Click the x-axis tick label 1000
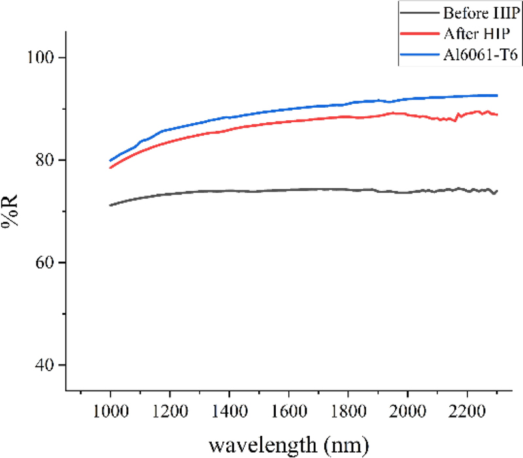(x=110, y=415)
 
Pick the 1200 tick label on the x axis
(x=169, y=415)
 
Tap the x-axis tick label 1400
(x=229, y=415)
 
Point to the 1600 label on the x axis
(x=288, y=415)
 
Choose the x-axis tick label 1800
(x=348, y=415)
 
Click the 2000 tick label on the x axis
(x=407, y=415)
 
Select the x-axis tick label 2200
(x=467, y=415)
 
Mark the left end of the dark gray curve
(x=110, y=205)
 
